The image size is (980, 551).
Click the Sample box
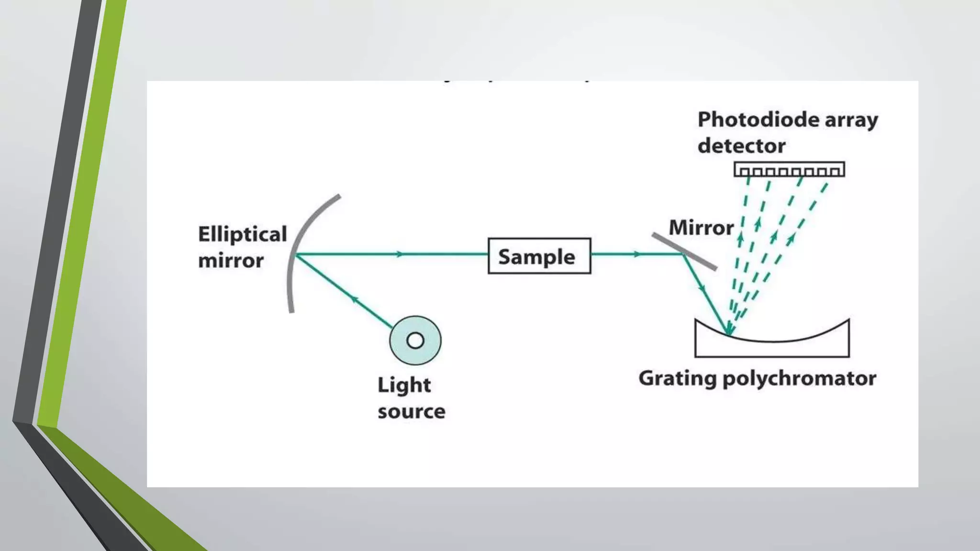point(539,256)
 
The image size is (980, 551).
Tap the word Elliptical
point(242,234)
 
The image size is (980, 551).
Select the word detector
point(741,146)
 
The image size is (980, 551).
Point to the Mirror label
point(701,228)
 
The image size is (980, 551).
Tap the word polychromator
point(799,378)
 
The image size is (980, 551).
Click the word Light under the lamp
point(404,385)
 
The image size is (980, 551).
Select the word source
point(411,411)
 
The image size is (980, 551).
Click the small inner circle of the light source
point(415,341)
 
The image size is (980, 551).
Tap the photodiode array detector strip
point(789,170)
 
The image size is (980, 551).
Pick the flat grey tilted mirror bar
point(684,252)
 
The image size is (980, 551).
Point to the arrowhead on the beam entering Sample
point(400,254)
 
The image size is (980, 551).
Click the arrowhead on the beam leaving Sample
point(637,254)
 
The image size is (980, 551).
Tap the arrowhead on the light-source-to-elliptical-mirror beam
point(354,299)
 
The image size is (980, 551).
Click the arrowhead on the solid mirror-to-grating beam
point(702,288)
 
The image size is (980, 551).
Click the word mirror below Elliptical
point(231,261)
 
